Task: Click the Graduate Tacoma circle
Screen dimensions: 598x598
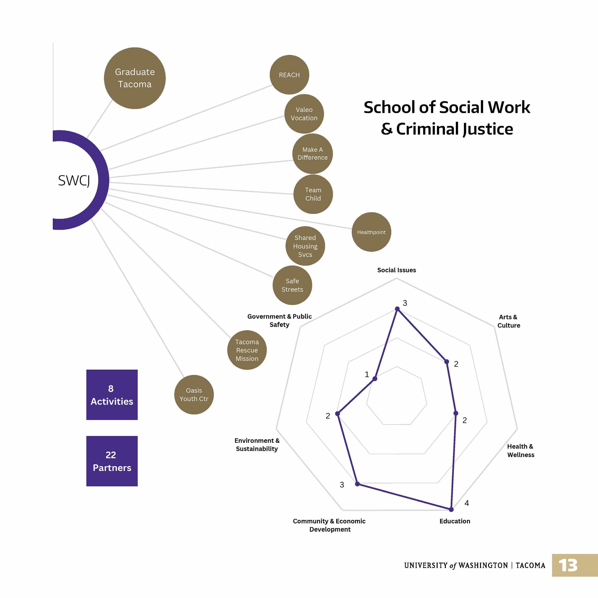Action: (x=135, y=78)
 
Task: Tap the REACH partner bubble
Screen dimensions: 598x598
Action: (x=289, y=75)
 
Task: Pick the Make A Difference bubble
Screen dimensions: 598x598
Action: (x=312, y=154)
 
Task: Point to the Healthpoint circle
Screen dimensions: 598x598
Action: (x=371, y=232)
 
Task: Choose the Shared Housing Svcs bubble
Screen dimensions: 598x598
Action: (x=305, y=246)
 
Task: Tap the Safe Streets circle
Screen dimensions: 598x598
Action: (x=292, y=285)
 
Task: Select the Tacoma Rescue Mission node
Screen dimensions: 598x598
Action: (x=247, y=350)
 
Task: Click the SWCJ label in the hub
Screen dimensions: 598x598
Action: (x=74, y=180)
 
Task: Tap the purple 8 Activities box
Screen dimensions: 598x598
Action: (x=112, y=395)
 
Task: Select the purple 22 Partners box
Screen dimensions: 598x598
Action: (x=112, y=461)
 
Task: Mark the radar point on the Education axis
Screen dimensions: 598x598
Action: (x=451, y=509)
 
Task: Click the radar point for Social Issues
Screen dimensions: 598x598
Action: (x=397, y=309)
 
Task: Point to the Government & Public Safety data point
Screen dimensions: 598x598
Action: (x=375, y=378)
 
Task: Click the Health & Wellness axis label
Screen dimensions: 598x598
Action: (x=520, y=450)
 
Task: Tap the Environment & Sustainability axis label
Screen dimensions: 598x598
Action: (x=257, y=444)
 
